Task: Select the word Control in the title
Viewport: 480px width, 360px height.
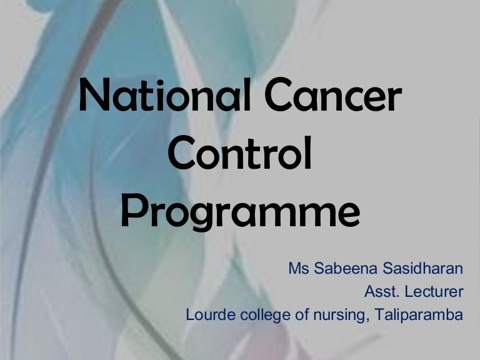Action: pos(240,156)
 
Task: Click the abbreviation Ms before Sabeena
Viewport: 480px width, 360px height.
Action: pos(297,269)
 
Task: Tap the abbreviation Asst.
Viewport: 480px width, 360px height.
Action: pos(380,292)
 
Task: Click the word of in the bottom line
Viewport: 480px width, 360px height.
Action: pos(302,314)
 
